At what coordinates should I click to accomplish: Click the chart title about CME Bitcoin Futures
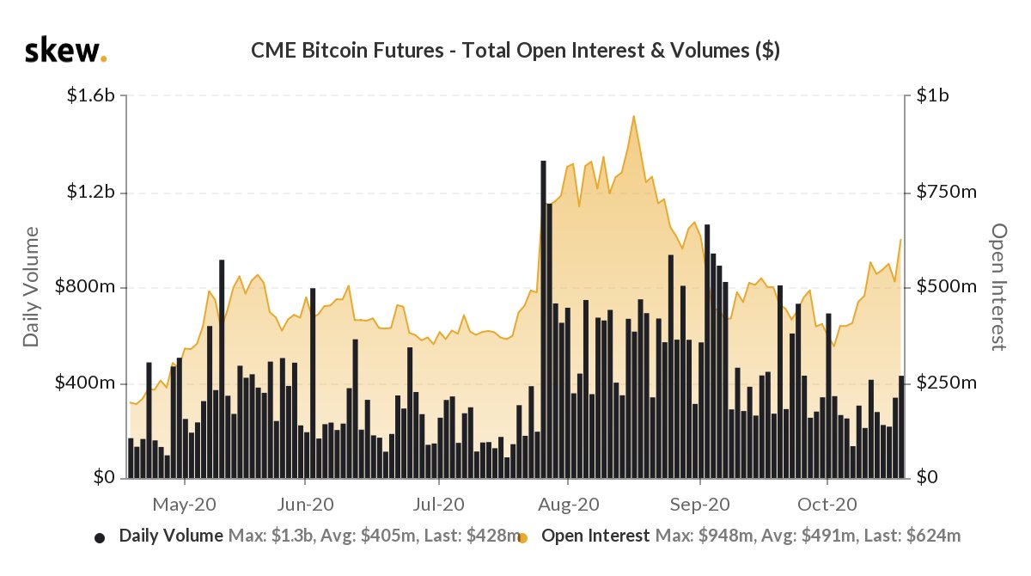(x=515, y=51)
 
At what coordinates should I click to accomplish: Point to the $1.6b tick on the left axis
(x=91, y=96)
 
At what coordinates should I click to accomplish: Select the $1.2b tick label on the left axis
(x=91, y=192)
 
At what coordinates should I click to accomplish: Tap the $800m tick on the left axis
(x=87, y=287)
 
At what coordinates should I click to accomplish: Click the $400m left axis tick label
(x=87, y=383)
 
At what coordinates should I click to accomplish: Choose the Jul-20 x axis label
(x=438, y=503)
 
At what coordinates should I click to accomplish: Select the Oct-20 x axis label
(x=826, y=503)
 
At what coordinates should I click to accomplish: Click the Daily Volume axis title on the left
(x=32, y=287)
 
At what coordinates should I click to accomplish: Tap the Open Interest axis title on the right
(x=998, y=287)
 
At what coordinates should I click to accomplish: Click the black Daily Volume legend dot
(x=100, y=538)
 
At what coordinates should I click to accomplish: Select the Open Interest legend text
(x=595, y=536)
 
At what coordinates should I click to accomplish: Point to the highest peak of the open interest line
(x=633, y=116)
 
